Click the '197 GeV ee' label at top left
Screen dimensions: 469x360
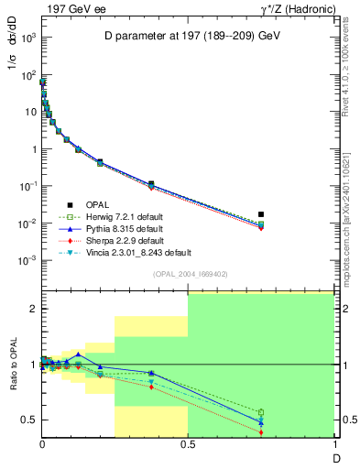click(x=70, y=8)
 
